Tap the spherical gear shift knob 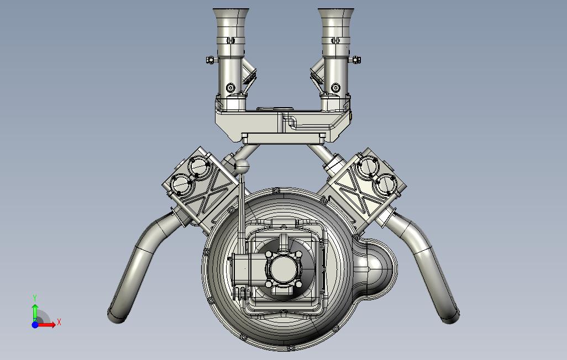coord(242,167)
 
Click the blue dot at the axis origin coord(35,325)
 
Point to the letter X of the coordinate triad coord(59,322)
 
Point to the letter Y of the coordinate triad coord(35,298)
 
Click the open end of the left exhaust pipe coord(115,316)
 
